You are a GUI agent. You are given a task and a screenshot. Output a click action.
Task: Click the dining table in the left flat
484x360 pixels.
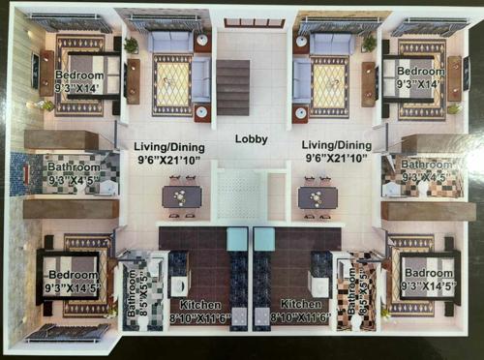coord(182,196)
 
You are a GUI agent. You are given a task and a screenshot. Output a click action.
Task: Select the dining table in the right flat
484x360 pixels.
coord(318,196)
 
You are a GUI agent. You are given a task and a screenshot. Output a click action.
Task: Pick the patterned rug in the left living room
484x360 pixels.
coord(171,84)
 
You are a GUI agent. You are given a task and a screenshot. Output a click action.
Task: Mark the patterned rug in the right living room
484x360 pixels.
coord(328,84)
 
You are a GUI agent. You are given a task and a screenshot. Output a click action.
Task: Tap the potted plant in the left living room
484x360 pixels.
coord(131,45)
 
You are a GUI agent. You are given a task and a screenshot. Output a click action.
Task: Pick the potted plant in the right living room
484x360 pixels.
coord(369,44)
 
